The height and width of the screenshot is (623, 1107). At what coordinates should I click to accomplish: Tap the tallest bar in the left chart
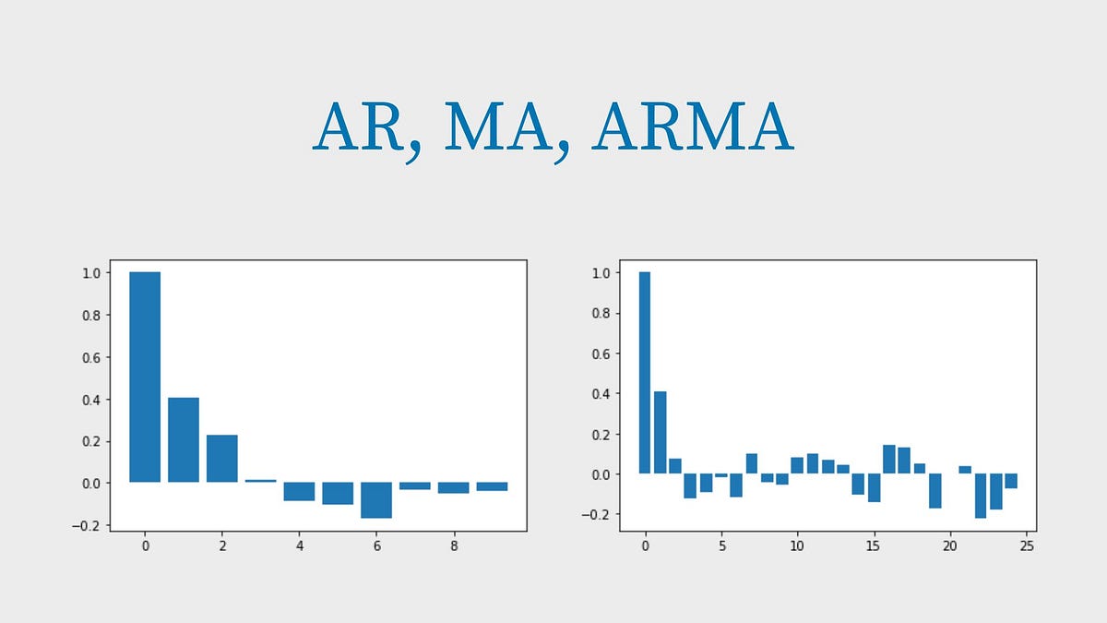click(145, 377)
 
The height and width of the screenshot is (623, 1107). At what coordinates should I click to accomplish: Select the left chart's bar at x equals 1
click(184, 439)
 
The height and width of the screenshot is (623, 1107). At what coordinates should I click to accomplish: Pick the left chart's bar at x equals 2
click(222, 458)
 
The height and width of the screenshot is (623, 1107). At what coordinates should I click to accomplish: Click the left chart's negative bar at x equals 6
click(376, 499)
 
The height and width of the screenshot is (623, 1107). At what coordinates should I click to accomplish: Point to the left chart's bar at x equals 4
click(299, 491)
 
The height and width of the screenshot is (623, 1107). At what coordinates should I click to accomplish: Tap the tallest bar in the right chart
click(645, 372)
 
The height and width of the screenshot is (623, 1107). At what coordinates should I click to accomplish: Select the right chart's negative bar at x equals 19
click(934, 490)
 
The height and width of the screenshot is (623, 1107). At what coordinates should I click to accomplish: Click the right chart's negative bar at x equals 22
click(981, 495)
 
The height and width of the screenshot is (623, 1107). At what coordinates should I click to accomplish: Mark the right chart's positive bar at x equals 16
click(889, 459)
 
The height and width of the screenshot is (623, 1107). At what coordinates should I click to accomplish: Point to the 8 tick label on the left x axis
click(454, 546)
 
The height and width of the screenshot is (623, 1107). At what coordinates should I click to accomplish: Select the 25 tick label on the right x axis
click(1026, 546)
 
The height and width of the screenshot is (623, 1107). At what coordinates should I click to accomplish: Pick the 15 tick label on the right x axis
click(874, 546)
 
